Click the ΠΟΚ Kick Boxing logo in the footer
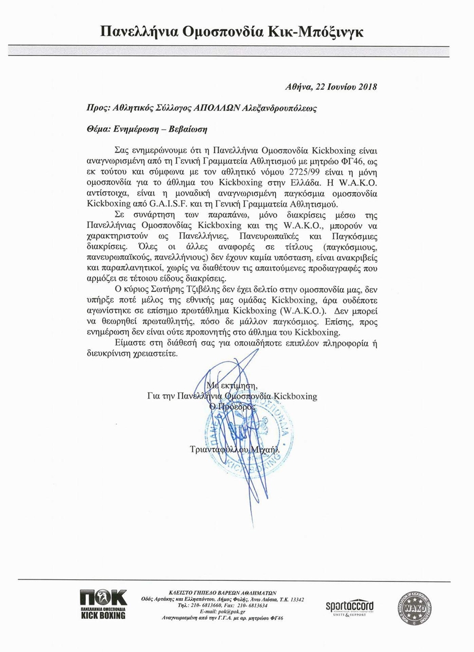[103, 604]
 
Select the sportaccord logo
[350, 607]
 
